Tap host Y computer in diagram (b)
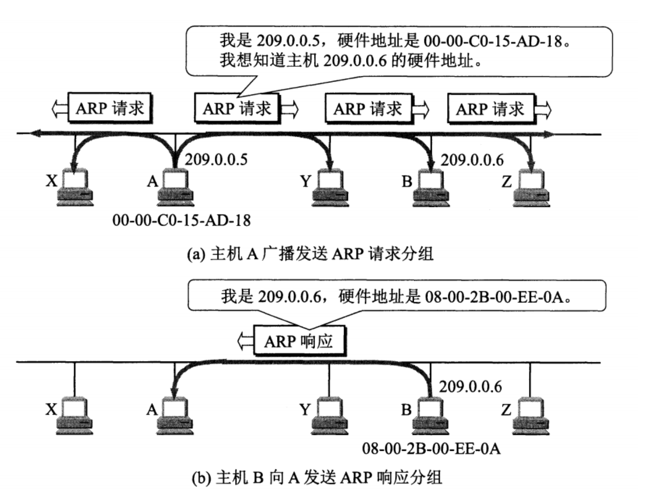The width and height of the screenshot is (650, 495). click(330, 416)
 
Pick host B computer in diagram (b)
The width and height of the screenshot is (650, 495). click(431, 416)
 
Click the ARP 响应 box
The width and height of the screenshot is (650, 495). click(299, 341)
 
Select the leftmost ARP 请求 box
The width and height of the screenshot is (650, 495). click(110, 108)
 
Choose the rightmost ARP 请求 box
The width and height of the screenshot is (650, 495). click(490, 109)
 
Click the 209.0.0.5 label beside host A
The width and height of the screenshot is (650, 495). click(216, 159)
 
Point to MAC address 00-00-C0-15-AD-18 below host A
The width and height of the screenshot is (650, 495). click(182, 220)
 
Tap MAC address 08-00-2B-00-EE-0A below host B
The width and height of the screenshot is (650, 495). click(431, 449)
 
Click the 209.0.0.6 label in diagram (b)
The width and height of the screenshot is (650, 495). click(470, 386)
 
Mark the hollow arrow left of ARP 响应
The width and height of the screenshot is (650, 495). click(245, 341)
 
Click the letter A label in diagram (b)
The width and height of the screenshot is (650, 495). click(152, 410)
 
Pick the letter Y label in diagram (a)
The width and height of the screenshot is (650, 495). click(305, 181)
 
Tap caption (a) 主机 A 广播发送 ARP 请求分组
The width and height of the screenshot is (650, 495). click(310, 254)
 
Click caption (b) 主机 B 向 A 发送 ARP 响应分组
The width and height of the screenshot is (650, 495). click(317, 477)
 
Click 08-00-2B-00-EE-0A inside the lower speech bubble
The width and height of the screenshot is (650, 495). click(493, 297)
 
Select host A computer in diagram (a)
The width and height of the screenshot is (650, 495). click(175, 187)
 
